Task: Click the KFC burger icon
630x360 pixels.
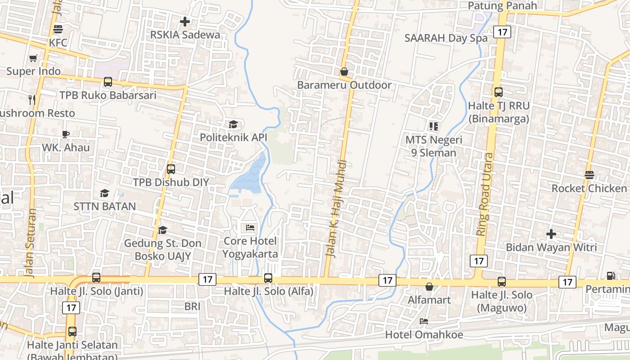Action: click(58, 30)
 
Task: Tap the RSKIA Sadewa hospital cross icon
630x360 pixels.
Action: click(185, 21)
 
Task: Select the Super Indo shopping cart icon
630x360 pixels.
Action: click(33, 58)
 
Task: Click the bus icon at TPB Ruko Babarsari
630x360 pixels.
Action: click(108, 82)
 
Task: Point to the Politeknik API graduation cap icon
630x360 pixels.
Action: click(233, 124)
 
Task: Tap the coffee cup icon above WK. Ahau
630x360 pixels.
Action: click(66, 134)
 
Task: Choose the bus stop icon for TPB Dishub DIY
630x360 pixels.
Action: click(171, 169)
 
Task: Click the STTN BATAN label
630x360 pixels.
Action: click(105, 207)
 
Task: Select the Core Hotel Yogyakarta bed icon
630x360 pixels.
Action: click(251, 228)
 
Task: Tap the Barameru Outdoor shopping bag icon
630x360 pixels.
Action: click(344, 72)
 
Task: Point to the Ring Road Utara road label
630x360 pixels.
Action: click(485, 193)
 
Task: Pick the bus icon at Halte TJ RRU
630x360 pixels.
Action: click(499, 92)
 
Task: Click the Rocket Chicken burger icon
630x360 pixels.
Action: click(589, 175)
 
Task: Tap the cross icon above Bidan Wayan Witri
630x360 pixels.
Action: click(551, 234)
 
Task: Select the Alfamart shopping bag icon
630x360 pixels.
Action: click(429, 287)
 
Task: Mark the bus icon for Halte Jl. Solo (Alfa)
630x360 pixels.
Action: click(268, 278)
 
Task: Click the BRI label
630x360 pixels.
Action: click(192, 306)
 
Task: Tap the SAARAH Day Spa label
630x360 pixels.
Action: click(445, 38)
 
